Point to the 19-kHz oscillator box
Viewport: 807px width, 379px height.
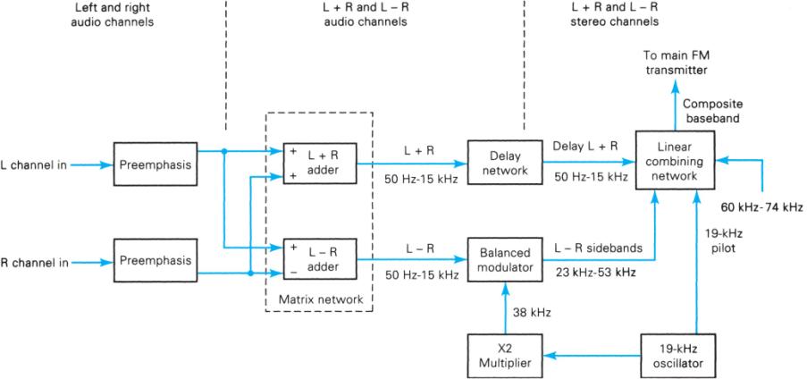[x=676, y=355]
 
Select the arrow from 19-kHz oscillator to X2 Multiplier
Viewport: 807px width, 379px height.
[x=590, y=355]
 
